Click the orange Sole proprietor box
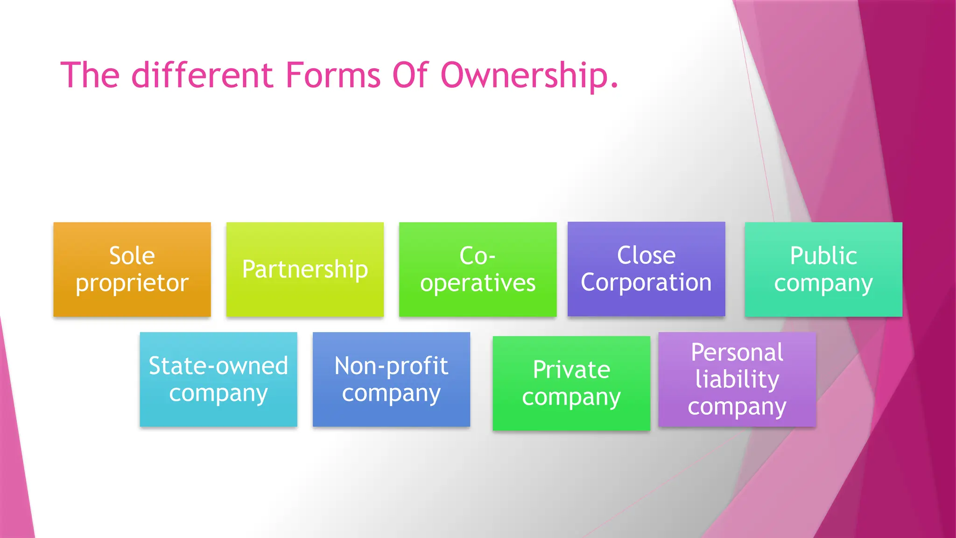coord(132,269)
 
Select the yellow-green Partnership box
coord(305,269)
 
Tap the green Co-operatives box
coord(478,269)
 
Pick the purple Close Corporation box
coord(646,269)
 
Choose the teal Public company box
coord(823,269)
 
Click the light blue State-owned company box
coord(218,379)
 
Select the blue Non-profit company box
coord(391,379)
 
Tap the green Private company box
coord(571,383)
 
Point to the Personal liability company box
coord(737,379)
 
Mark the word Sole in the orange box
coord(132,255)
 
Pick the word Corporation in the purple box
coord(646,283)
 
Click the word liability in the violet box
coord(737,379)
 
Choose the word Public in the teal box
coord(823,255)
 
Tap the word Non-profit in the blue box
coord(391,366)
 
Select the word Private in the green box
coord(571,369)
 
